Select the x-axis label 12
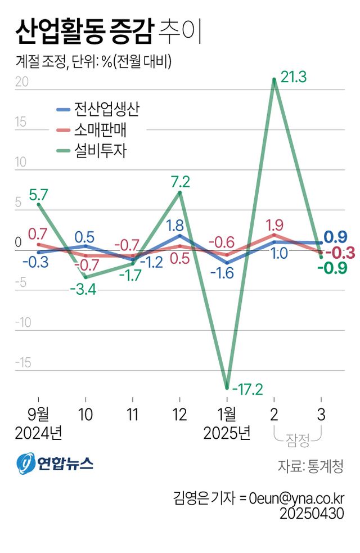(179, 415)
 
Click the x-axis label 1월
(227, 415)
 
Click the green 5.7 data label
(38, 195)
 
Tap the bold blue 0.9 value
(335, 236)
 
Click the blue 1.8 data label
(175, 225)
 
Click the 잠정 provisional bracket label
(298, 440)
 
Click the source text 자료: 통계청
(310, 466)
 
